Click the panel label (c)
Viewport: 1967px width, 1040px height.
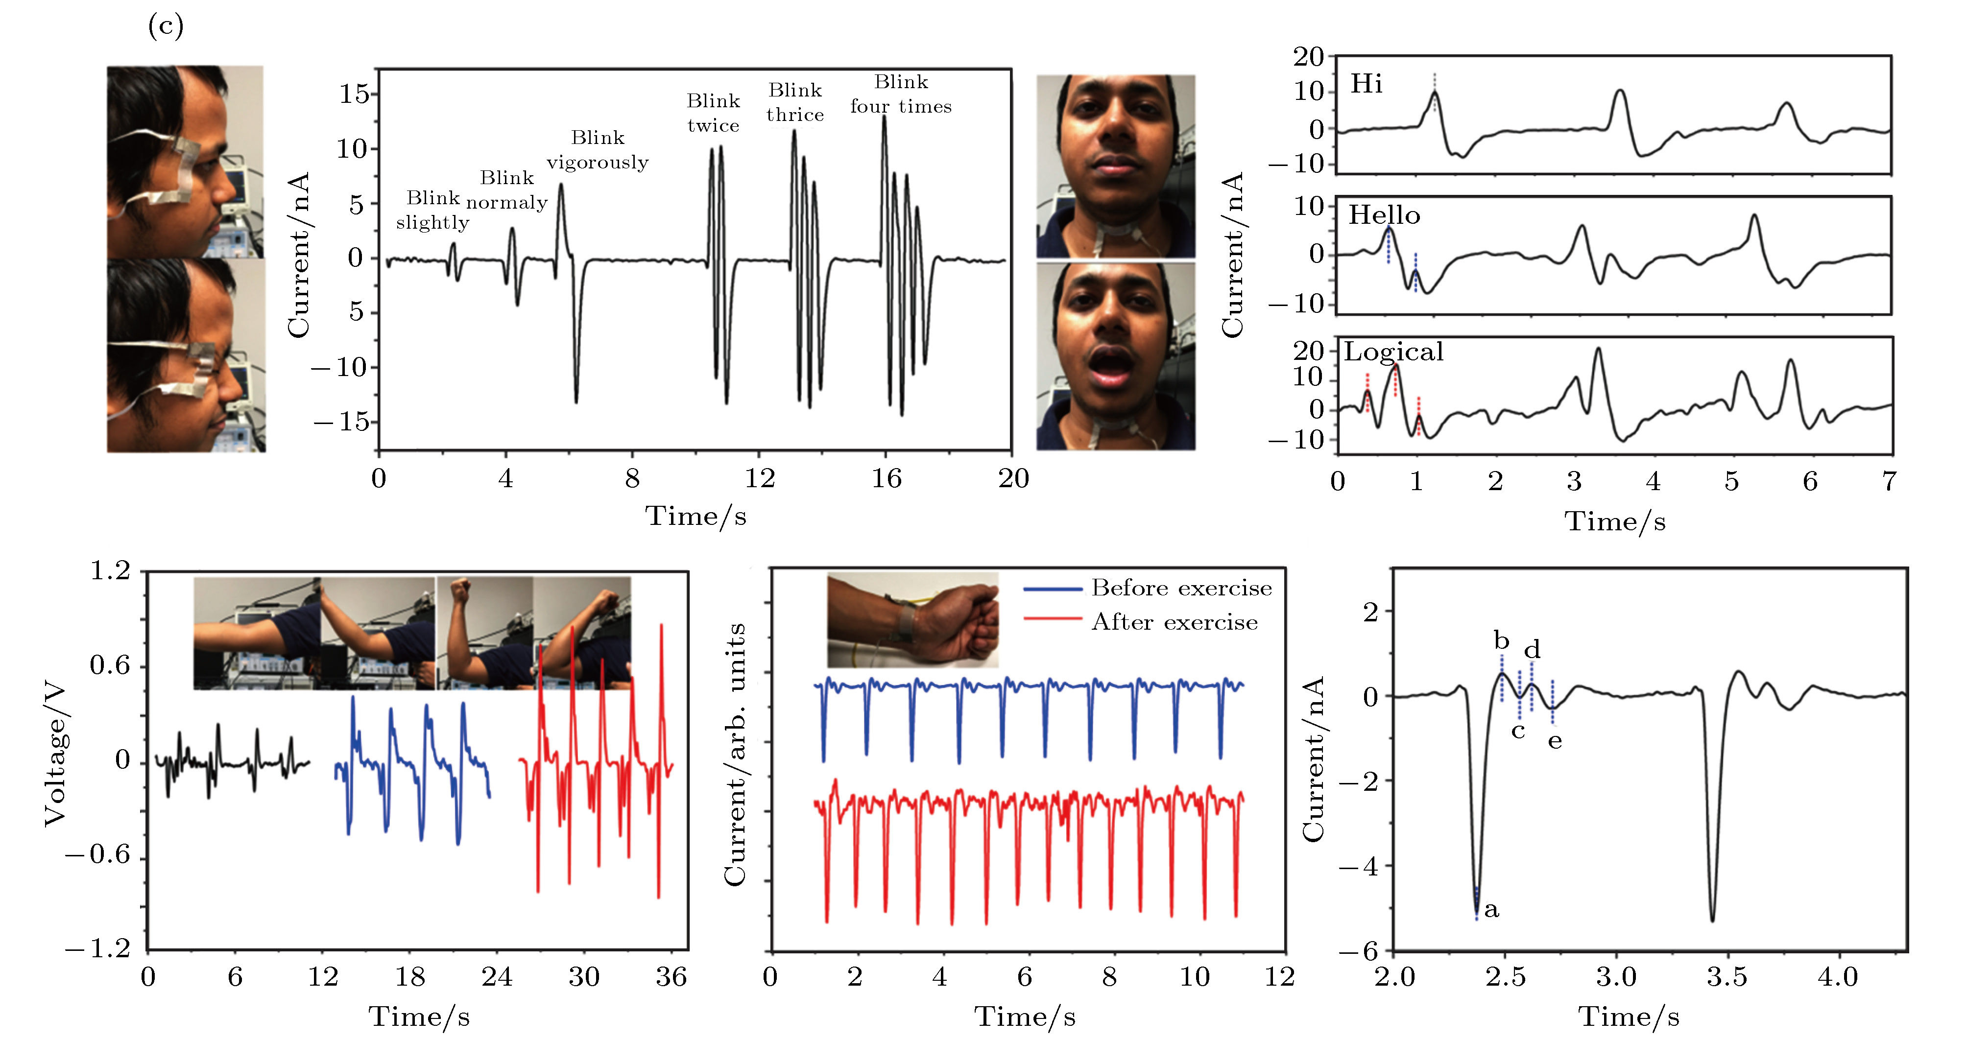[166, 27]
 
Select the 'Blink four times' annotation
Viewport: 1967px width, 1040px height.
[901, 94]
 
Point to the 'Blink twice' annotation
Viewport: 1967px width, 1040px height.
[713, 113]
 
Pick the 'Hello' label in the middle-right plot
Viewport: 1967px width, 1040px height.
[1384, 215]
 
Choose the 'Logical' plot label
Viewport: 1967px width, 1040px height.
[1393, 352]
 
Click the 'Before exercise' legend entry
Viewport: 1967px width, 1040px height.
[1181, 588]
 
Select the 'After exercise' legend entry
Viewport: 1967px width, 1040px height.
[1175, 622]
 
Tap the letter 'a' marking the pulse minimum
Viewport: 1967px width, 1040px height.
[1491, 909]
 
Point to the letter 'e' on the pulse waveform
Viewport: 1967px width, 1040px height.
[1555, 741]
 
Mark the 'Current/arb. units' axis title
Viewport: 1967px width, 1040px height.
[735, 755]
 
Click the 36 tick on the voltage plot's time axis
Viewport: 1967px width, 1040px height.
[671, 977]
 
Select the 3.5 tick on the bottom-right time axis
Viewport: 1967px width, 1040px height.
[1727, 977]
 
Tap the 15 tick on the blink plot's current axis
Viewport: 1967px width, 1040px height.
[354, 94]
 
